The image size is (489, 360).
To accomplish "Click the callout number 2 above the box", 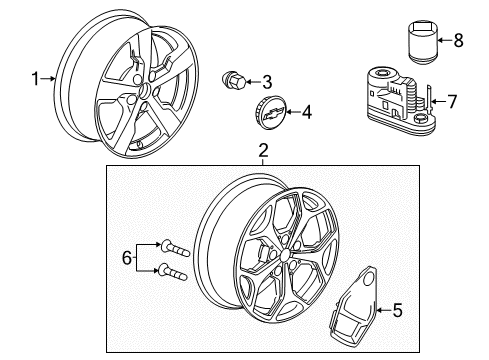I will (x=262, y=151).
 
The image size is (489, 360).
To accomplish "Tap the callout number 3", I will (x=266, y=82).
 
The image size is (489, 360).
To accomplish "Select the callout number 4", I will (x=306, y=114).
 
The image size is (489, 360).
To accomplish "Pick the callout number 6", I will (x=127, y=259).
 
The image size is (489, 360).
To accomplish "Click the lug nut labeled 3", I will (x=232, y=80).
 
